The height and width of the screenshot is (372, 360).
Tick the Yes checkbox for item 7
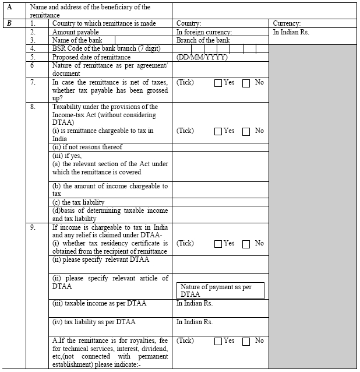point(218,83)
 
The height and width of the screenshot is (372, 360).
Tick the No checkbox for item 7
point(246,83)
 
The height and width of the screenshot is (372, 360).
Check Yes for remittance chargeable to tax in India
point(218,131)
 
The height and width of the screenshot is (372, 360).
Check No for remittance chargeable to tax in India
point(246,131)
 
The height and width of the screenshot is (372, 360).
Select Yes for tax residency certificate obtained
point(218,244)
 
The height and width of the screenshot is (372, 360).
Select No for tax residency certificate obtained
point(246,244)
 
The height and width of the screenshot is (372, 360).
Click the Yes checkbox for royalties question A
point(218,341)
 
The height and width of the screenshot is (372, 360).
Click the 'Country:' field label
point(189,23)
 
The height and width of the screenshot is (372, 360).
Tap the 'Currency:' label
point(287,23)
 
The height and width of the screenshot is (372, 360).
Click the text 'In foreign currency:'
point(204,32)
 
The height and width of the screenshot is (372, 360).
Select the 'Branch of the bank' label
point(203,40)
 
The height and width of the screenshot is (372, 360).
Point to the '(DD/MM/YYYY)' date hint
point(202,57)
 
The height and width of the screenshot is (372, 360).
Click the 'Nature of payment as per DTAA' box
point(220,291)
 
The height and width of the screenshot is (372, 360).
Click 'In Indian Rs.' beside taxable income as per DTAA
point(195,304)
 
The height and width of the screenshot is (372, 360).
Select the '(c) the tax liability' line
point(79,202)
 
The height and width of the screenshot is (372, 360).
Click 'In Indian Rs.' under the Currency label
point(291,32)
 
